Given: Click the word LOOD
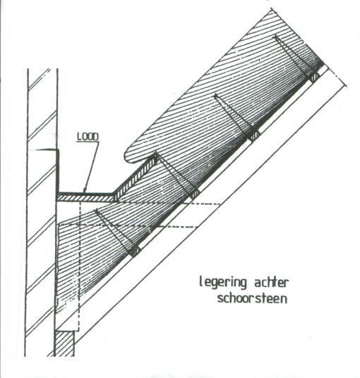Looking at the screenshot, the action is click(88, 137).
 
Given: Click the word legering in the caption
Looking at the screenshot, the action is click(223, 282).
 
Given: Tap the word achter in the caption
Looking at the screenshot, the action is click(271, 282).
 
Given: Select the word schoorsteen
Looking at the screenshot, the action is click(253, 299).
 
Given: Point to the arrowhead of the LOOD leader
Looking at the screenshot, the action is click(84, 190).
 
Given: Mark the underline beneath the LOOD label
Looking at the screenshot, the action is click(88, 142).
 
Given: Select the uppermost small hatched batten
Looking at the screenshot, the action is click(313, 78).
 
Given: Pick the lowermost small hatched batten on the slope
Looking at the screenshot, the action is click(135, 252).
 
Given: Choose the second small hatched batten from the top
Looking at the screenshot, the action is click(254, 136).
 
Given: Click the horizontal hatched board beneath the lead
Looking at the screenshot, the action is click(85, 198).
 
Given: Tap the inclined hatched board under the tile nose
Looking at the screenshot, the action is click(136, 178).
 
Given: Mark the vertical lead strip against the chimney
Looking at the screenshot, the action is click(58, 171).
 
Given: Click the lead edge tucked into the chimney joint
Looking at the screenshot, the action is click(46, 150).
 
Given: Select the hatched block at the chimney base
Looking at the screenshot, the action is click(64, 343).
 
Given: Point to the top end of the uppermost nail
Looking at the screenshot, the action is click(275, 37).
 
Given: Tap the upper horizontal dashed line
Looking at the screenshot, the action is click(169, 204).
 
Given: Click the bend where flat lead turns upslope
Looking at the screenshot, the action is click(113, 193).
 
